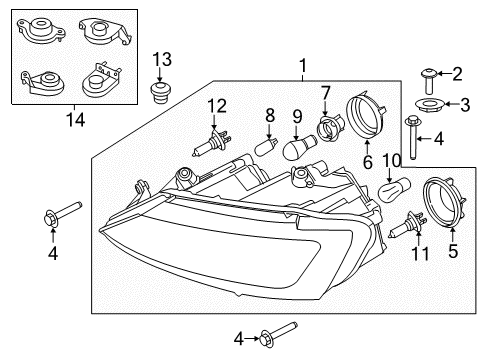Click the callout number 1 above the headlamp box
click(303, 66)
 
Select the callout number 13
click(162, 60)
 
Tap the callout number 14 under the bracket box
click(76, 120)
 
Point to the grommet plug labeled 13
click(159, 94)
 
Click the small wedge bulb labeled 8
click(265, 147)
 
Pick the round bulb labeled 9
click(299, 146)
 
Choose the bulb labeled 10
click(395, 188)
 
